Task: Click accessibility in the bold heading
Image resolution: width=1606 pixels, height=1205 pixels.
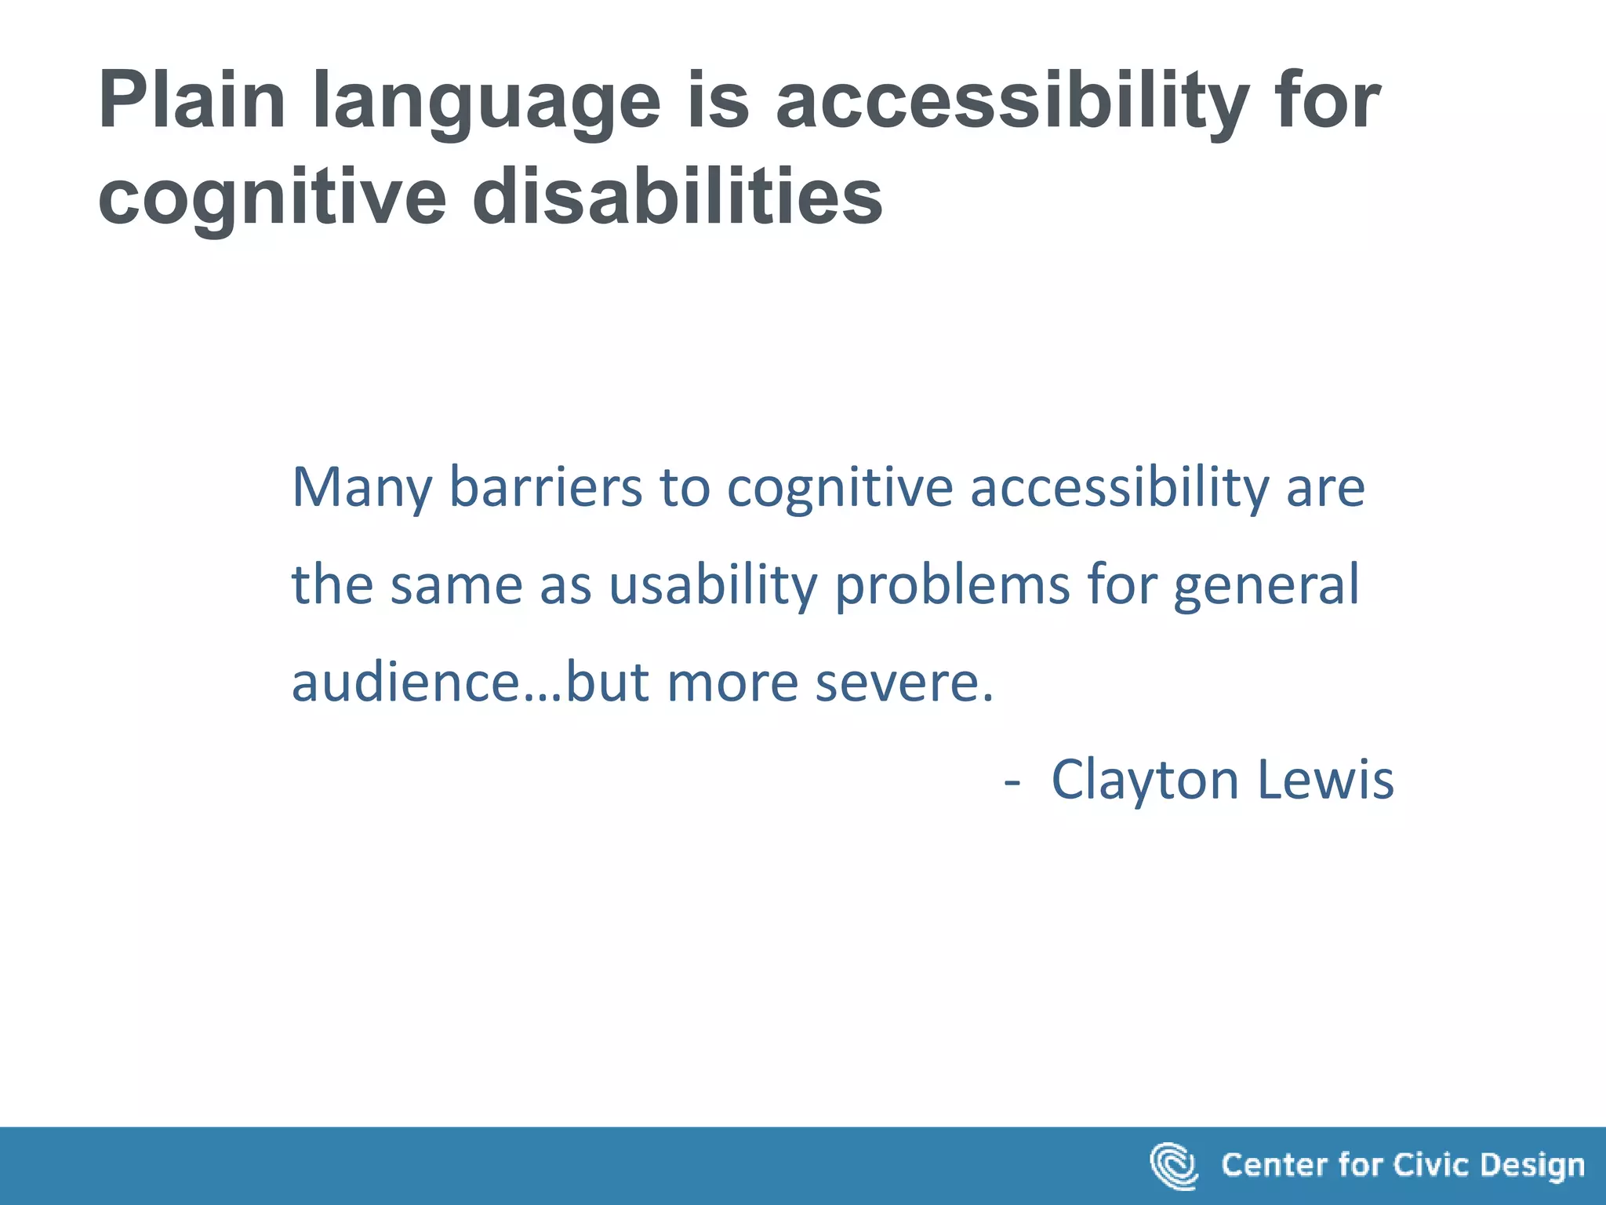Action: pyautogui.click(x=1012, y=102)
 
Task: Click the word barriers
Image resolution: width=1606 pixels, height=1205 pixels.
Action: pyautogui.click(x=545, y=488)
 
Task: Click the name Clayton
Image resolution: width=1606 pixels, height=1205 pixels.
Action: pyautogui.click(x=1144, y=781)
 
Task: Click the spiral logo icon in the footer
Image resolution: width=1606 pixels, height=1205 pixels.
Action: pyautogui.click(x=1173, y=1166)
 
